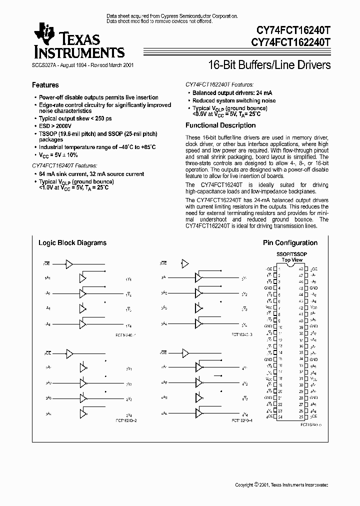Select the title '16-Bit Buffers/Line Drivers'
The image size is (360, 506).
(x=268, y=65)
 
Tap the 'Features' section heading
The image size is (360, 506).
(x=45, y=85)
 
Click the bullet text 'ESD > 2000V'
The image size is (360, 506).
(x=55, y=127)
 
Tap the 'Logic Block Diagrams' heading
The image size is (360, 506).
(x=72, y=243)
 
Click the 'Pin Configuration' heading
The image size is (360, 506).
(x=290, y=243)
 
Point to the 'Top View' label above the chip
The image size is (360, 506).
(x=292, y=260)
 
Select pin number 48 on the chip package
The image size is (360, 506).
(x=301, y=268)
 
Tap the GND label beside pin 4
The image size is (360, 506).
(x=269, y=288)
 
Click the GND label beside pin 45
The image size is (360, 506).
(x=313, y=288)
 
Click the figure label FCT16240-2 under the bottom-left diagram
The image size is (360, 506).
(x=125, y=421)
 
